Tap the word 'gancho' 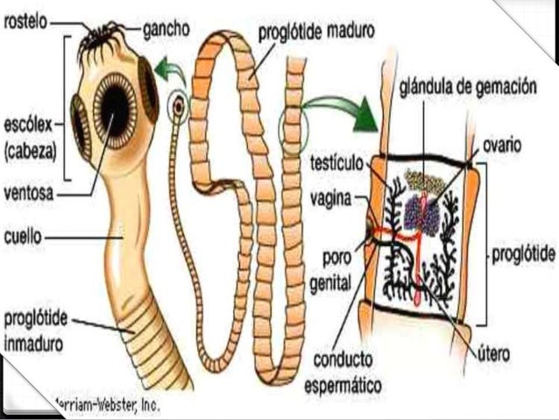pos(167,27)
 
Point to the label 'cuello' pos(23,235)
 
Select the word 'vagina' pos(330,199)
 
